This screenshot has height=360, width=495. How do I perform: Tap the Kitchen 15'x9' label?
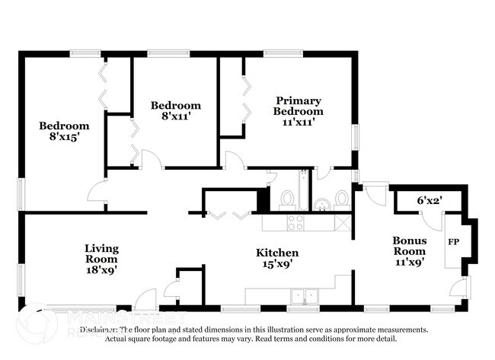point(276,258)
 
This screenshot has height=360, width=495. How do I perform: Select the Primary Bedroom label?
point(299,111)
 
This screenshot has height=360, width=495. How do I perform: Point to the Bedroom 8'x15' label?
point(64,132)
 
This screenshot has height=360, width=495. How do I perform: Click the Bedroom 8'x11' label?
point(175,111)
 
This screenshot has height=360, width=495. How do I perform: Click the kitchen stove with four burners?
point(295,222)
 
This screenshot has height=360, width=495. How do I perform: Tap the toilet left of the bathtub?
point(287,199)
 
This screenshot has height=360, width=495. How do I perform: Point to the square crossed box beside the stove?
point(343,222)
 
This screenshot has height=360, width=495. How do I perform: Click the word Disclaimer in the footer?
point(102,330)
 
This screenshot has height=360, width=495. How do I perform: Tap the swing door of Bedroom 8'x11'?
point(151,160)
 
